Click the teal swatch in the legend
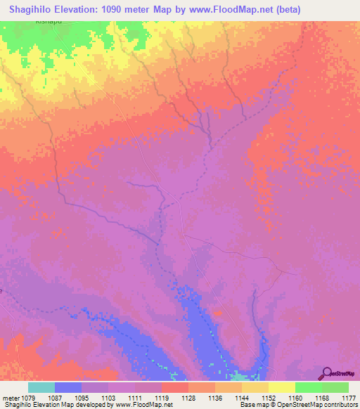pos(41,387)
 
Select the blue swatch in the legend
pos(68,387)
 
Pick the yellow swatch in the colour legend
pos(282,387)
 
